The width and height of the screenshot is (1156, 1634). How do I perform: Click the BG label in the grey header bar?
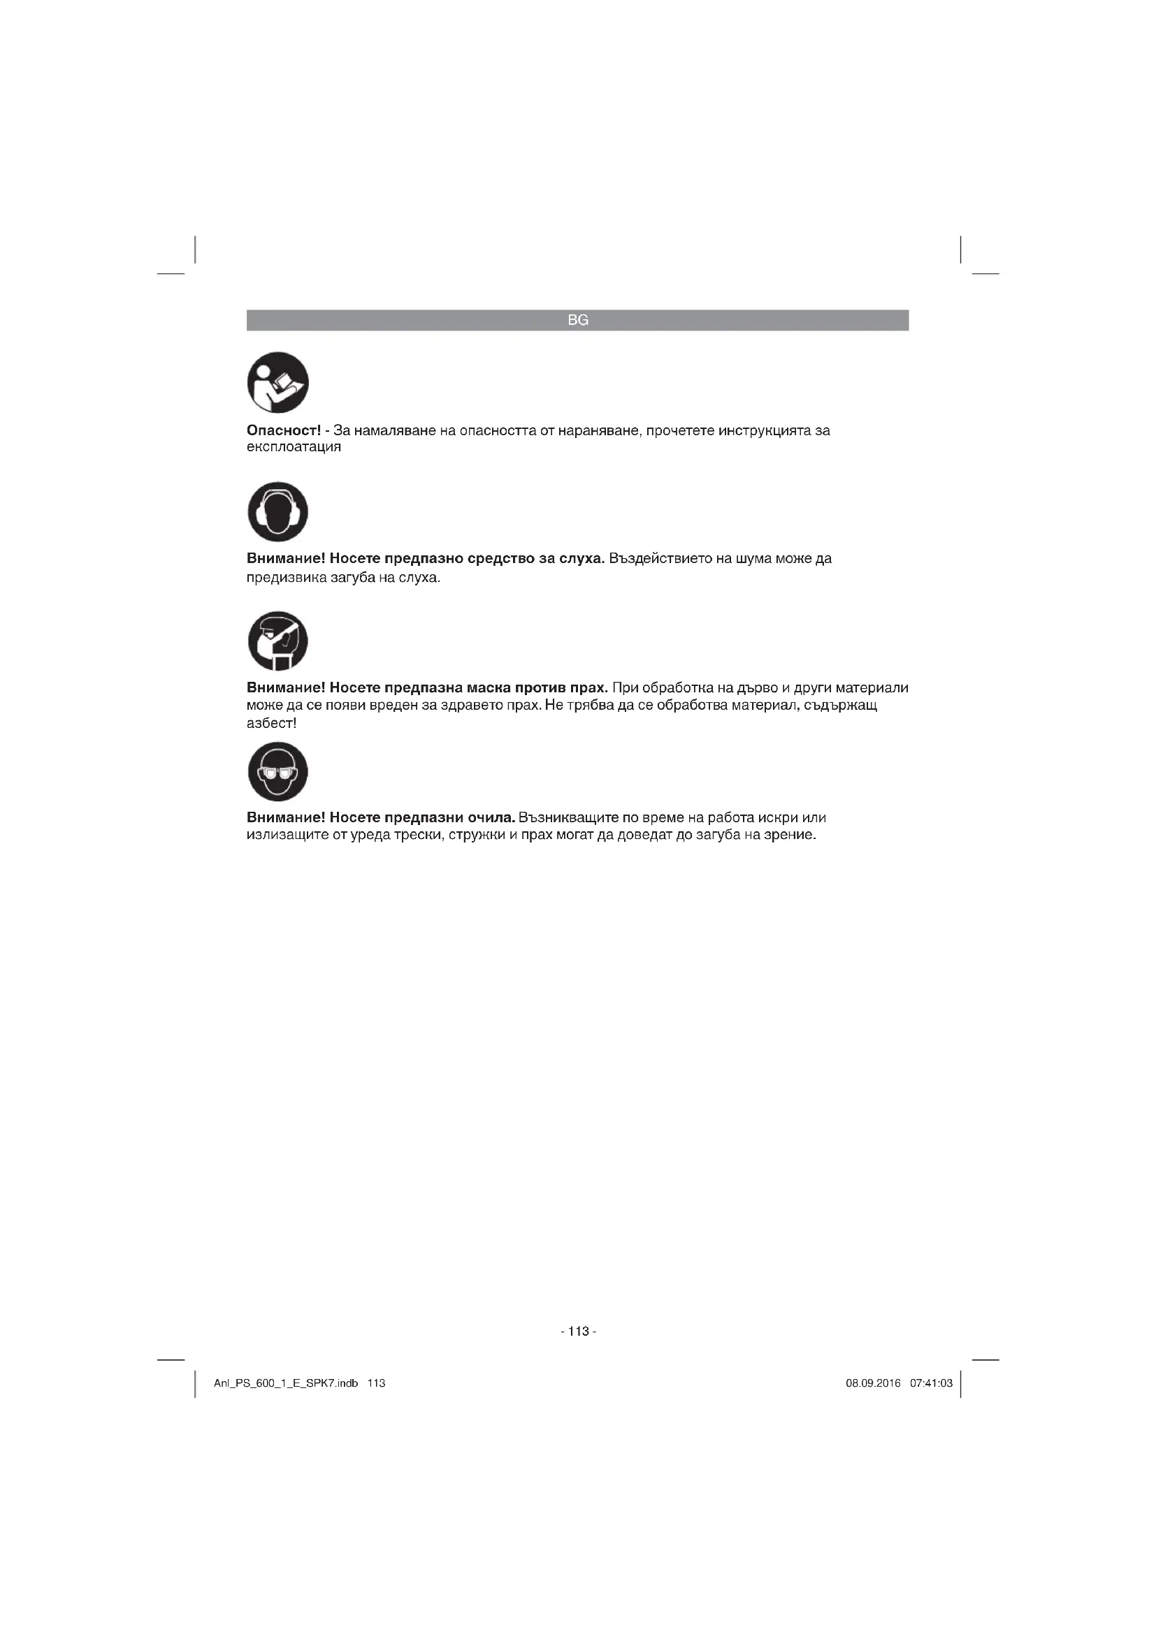coord(578,320)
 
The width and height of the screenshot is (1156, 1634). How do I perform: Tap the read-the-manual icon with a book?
coord(277,382)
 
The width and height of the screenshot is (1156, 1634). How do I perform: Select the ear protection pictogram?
coord(277,511)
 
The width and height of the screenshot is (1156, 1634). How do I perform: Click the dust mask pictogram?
coord(277,641)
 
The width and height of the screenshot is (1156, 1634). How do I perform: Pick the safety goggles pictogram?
coord(277,771)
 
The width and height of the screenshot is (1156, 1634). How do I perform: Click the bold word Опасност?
coord(283,430)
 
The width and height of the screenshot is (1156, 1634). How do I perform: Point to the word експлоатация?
coord(294,448)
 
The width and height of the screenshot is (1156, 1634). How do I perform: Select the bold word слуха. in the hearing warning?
coord(581,559)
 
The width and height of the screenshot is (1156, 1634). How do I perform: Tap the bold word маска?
coord(489,688)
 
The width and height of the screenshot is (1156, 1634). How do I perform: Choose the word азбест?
coord(271,724)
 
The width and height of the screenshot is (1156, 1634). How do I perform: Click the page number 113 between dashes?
coord(579,1332)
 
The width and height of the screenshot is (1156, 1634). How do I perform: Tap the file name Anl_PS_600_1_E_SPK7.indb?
coord(285,1383)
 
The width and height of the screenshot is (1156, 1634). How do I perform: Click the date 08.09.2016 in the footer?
coord(873,1383)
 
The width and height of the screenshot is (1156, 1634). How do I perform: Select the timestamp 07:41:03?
coord(931,1383)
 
